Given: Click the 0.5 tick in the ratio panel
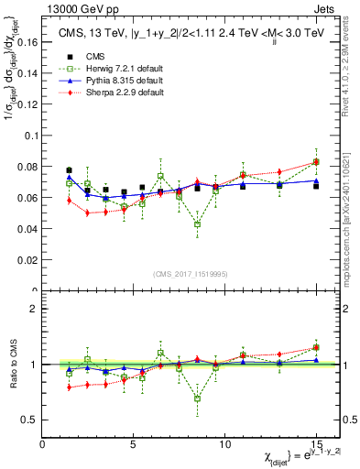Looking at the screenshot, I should tap(29, 420).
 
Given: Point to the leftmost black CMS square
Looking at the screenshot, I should tap(70, 170).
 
